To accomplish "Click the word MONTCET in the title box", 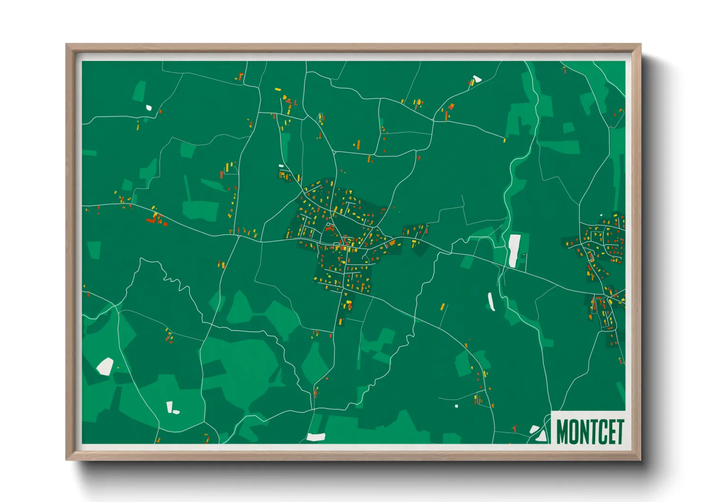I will [x=589, y=431].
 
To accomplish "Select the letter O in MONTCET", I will [x=574, y=431].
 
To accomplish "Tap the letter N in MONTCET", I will [x=585, y=431].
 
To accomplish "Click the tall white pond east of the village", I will [x=514, y=250].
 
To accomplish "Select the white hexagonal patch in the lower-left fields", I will [x=105, y=366].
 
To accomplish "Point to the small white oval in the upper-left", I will [x=149, y=108].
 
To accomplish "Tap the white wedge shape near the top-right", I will [x=476, y=79].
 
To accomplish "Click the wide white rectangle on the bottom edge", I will [x=316, y=437].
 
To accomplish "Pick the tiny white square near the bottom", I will [x=456, y=406].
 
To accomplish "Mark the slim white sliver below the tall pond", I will [x=491, y=302].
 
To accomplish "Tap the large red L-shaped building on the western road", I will [x=152, y=220].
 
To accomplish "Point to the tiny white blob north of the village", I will [x=281, y=166].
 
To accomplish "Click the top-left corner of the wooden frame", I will [x=66, y=45].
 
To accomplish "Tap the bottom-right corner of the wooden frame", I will [x=640, y=460].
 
